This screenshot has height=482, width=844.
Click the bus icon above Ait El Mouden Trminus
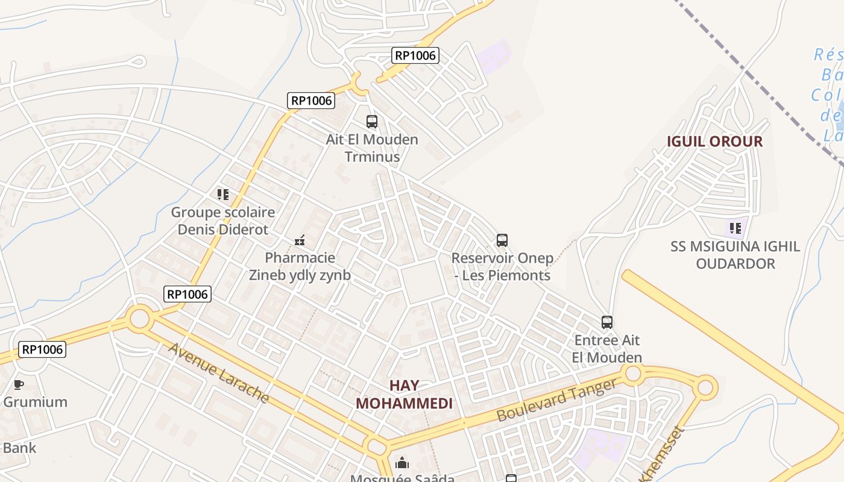coord(372,122)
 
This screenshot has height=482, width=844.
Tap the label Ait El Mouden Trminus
coord(372,148)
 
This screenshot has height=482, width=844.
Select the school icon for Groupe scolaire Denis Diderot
coord(223,195)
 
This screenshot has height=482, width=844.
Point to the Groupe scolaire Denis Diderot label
coord(223,221)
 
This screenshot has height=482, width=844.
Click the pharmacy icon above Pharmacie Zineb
coord(300,240)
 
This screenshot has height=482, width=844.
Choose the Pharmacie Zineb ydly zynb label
coord(300,266)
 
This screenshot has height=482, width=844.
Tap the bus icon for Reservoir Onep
coord(502,240)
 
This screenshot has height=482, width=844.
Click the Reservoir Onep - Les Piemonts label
coord(502,266)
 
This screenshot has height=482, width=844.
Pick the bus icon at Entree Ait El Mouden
coord(607,322)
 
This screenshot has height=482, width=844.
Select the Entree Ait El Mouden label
coord(607,349)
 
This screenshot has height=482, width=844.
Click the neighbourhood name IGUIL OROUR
coord(714,142)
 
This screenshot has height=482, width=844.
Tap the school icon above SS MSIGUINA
coord(735,228)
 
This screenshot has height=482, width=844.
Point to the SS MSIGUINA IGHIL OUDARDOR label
coord(735,255)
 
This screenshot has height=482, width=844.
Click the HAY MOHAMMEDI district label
coord(404,395)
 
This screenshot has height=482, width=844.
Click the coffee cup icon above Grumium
coord(19,384)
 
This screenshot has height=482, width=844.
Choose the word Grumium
coord(36,402)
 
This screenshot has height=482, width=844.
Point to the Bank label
coord(19,448)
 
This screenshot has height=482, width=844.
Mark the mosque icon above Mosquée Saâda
coord(402,463)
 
